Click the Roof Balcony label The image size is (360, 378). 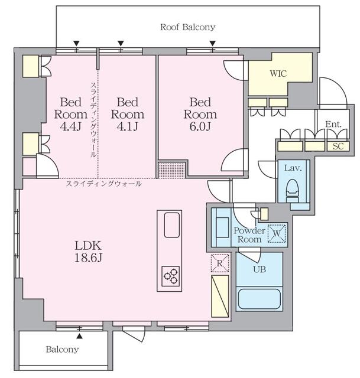click(188, 27)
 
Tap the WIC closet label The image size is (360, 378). click(278, 73)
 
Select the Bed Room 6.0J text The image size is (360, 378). click(200, 114)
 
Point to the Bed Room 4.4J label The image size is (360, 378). click(70, 114)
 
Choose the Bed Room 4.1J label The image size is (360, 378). click(128, 114)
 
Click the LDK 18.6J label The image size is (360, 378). click(88, 252)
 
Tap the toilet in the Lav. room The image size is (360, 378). click(292, 190)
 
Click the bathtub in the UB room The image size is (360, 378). click(259, 298)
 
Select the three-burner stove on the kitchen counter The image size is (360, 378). click(171, 276)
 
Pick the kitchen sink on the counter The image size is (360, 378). click(172, 225)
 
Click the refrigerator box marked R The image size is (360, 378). click(220, 263)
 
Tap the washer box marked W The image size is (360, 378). click(277, 233)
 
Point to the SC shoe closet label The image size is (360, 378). click(338, 146)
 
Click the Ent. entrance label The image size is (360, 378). click(333, 125)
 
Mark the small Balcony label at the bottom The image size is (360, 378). click(62, 349)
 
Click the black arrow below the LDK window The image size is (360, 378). click(79, 336)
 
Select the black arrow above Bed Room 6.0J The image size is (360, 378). click(212, 43)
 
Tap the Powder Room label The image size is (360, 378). click(249, 235)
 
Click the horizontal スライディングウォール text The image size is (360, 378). click(103, 184)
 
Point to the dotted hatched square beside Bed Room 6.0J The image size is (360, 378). click(172, 170)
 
